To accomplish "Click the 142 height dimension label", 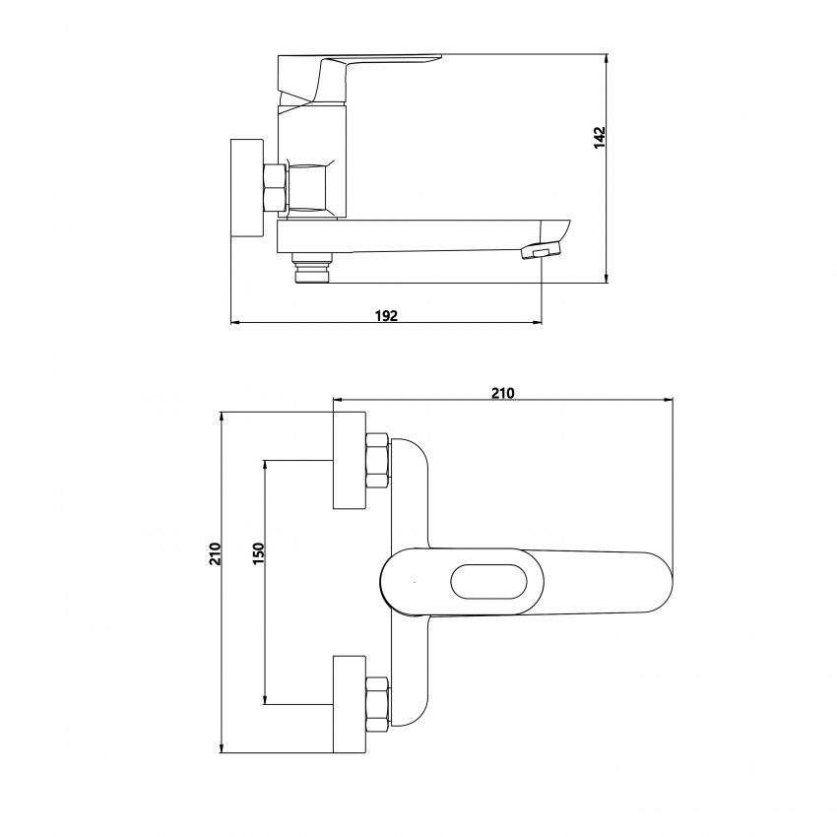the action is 600,137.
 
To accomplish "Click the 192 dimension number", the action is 386,315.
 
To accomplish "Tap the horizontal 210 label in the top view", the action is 503,393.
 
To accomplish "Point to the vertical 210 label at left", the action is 215,553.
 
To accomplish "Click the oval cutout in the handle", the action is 489,581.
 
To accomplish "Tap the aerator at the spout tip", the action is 542,250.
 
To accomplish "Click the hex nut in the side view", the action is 275,187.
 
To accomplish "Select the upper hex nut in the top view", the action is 377,460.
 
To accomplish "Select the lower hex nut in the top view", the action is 377,704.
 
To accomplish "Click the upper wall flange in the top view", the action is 350,460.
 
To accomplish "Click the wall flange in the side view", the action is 247,188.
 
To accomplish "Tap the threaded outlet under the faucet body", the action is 312,269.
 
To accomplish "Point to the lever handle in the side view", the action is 360,79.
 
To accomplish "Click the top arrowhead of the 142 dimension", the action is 607,59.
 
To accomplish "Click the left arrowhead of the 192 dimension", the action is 236,322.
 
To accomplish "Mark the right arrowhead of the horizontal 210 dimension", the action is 668,399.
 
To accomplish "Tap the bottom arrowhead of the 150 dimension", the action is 265,699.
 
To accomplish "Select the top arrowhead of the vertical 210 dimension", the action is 221,418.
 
